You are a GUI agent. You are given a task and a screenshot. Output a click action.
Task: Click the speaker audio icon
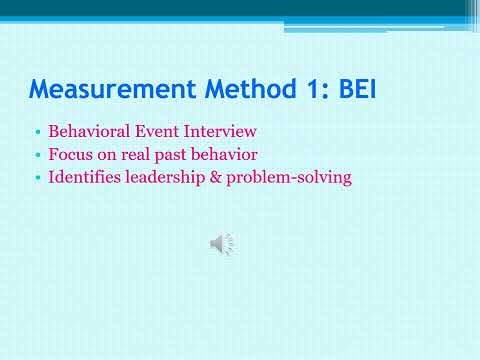point(222,243)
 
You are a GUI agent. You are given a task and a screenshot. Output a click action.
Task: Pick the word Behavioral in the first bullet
point(86,131)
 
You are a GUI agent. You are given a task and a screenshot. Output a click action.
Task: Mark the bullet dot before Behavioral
point(37,132)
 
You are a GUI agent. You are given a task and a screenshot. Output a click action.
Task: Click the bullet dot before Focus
point(37,156)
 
